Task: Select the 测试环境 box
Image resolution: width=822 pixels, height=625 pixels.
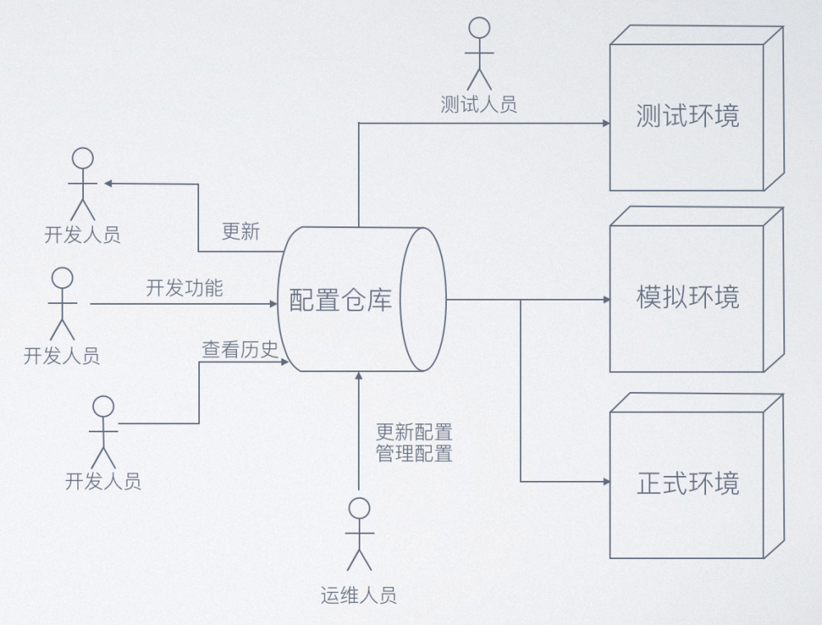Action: [x=687, y=115]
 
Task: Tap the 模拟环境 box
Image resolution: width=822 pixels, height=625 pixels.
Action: [x=687, y=296]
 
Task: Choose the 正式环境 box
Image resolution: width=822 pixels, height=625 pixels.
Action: [x=687, y=483]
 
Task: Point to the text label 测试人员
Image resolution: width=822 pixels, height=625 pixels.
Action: [x=479, y=105]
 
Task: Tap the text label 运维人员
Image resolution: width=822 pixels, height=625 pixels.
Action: [x=359, y=595]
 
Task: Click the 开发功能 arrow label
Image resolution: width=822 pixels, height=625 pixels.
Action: [x=184, y=288]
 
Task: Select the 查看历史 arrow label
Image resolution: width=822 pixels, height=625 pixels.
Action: [x=240, y=349]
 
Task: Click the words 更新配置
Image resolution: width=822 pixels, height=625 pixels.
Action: [x=414, y=431]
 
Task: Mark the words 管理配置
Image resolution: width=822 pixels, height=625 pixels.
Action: [x=414, y=452]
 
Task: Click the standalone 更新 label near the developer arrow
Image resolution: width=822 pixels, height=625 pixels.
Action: [x=240, y=231]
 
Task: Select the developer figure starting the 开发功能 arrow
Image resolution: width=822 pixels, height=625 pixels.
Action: [x=62, y=304]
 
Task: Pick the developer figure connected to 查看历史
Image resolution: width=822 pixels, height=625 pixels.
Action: [x=103, y=430]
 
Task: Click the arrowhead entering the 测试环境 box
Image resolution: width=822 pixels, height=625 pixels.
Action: [x=605, y=124]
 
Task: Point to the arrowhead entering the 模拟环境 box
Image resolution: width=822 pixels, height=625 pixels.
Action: [x=605, y=300]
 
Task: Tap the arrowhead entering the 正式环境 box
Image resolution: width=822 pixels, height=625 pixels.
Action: [x=605, y=482]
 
